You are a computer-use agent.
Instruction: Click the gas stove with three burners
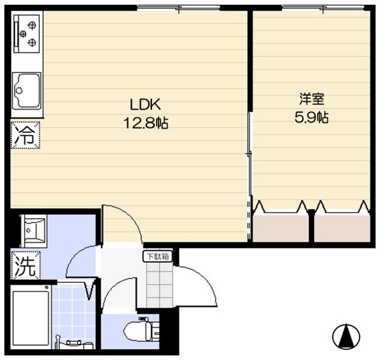(27, 34)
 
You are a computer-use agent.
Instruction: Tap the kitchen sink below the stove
(27, 90)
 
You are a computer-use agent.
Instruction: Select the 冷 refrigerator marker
(24, 135)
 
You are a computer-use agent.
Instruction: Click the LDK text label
(145, 106)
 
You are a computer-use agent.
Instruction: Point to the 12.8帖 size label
(145, 124)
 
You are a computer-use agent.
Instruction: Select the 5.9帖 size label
(312, 117)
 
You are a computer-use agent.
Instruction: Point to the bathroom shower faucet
(72, 342)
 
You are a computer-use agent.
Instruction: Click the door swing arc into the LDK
(122, 222)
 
